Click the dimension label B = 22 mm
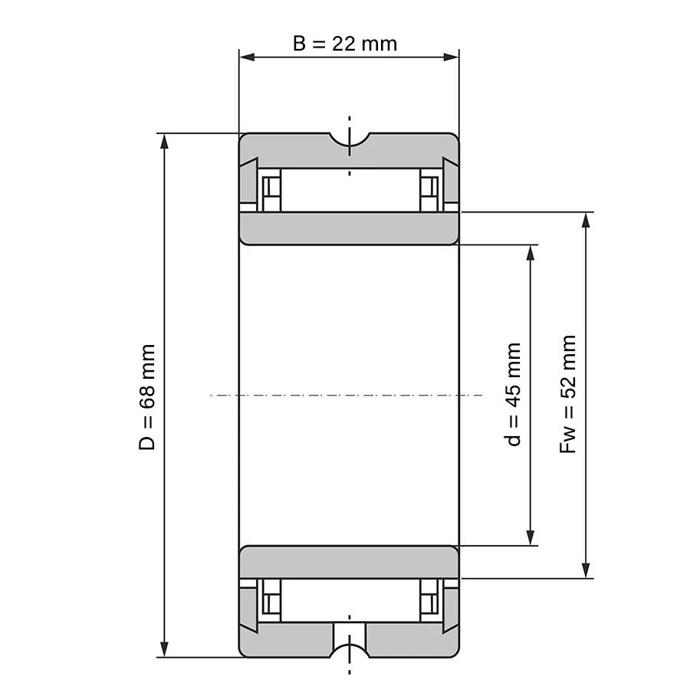345,44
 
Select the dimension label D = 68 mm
147,397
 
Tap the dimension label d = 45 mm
513,394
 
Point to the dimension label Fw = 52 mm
567,394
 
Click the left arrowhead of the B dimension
247,58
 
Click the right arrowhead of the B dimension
451,58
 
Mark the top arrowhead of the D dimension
164,142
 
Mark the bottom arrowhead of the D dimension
164,649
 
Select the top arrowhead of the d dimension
531,253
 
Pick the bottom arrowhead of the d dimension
531,537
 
